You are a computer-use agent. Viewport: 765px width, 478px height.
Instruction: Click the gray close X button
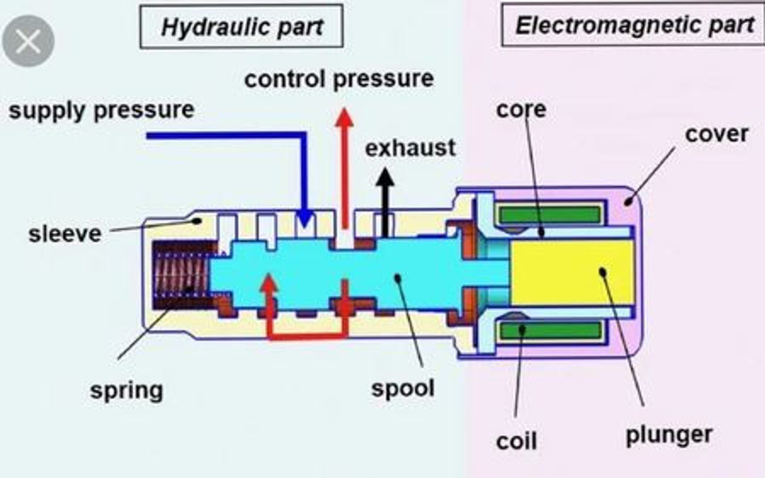28,41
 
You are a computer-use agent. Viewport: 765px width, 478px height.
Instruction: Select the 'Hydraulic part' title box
241,27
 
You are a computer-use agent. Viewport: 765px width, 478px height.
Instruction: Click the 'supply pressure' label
102,110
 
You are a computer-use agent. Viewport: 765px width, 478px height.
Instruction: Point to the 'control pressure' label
339,79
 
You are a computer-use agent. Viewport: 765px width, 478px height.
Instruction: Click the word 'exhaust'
410,148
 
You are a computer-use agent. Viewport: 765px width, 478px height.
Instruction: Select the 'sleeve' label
65,233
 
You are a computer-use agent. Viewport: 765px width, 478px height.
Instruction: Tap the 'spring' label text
126,391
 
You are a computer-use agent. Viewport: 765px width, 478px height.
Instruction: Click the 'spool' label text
402,388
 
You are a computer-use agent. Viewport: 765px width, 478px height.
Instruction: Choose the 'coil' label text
516,442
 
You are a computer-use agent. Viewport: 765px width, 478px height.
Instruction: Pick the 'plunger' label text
669,434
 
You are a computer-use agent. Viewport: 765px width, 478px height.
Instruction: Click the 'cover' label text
716,134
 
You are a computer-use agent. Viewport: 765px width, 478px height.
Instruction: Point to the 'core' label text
521,109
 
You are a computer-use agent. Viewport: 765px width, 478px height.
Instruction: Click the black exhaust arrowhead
385,177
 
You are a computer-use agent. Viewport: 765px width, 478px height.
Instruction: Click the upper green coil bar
550,214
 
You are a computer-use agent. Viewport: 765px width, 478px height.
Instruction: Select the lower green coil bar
550,330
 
